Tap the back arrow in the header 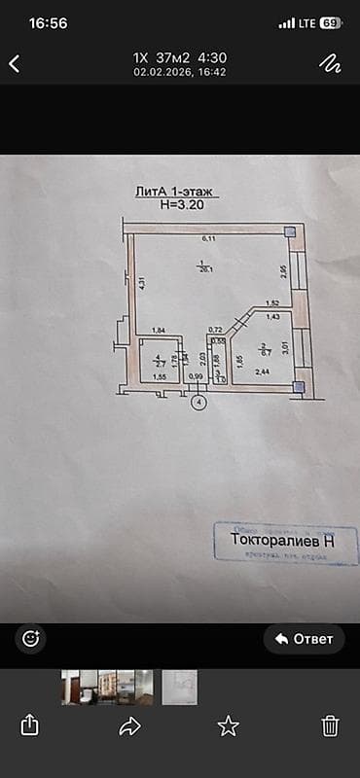pyautogui.click(x=15, y=64)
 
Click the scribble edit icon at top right pyautogui.click(x=330, y=63)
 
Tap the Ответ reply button pyautogui.click(x=304, y=639)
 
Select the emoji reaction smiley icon pyautogui.click(x=30, y=639)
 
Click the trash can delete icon pyautogui.click(x=330, y=725)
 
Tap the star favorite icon pyautogui.click(x=228, y=725)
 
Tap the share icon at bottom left pyautogui.click(x=30, y=725)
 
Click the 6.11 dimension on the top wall pyautogui.click(x=207, y=238)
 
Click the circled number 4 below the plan pyautogui.click(x=199, y=401)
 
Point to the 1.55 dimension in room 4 pyautogui.click(x=160, y=376)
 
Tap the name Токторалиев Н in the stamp pyautogui.click(x=282, y=538)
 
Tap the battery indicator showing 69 pyautogui.click(x=330, y=23)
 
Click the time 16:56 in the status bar pyautogui.click(x=48, y=23)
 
